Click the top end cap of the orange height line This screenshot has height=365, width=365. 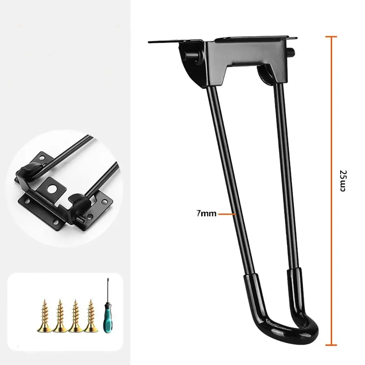tap(331, 36)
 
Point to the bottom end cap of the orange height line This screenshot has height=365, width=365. tap(331, 344)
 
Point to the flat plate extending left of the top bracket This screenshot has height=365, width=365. tap(164, 42)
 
